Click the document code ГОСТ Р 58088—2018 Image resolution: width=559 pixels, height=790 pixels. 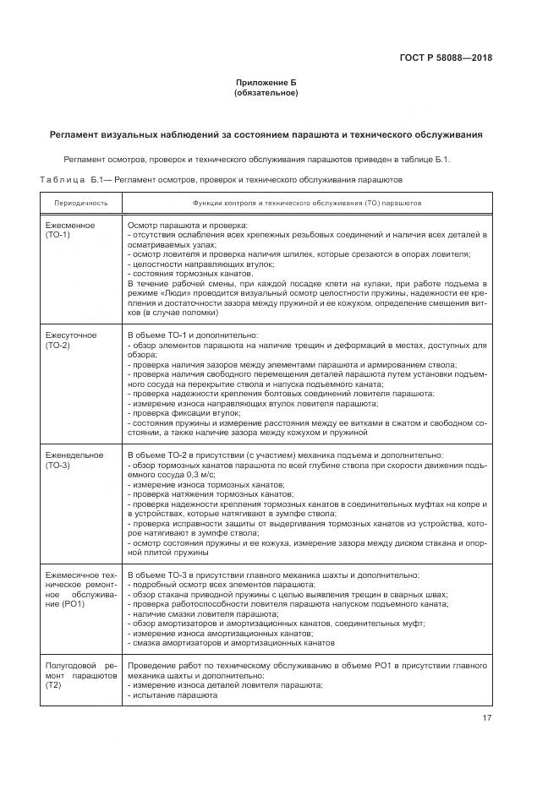445,57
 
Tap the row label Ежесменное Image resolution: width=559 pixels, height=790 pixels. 69,226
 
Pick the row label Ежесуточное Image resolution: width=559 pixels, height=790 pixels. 71,335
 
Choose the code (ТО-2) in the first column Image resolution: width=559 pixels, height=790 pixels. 58,345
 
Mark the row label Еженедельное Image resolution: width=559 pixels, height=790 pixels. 74,455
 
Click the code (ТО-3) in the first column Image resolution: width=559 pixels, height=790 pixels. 58,465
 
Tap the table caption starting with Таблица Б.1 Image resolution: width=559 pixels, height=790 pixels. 222,179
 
